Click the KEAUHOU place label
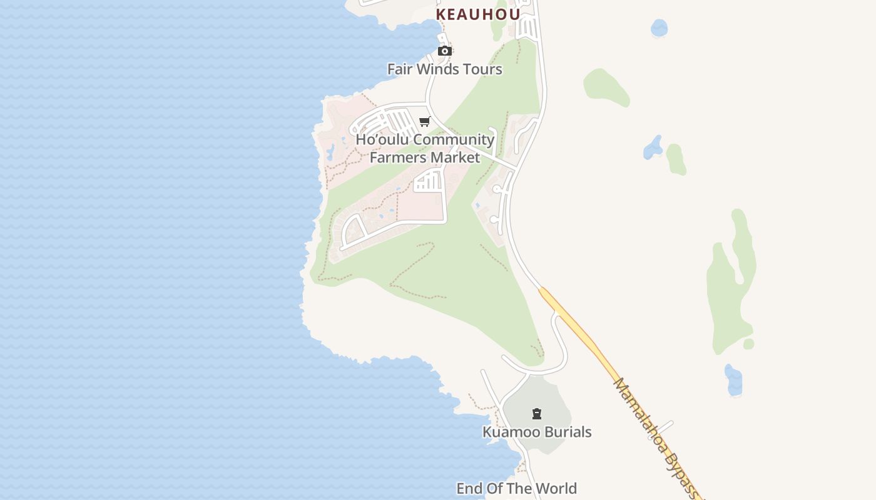pos(478,14)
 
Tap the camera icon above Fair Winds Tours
pos(445,51)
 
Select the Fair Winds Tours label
pos(444,69)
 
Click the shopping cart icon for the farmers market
pos(425,121)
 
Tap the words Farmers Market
pos(425,157)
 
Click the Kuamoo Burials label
pos(537,432)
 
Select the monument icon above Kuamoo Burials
pos(536,414)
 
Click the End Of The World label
pos(516,488)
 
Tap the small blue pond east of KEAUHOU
pos(659,28)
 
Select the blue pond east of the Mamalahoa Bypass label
pos(733,381)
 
